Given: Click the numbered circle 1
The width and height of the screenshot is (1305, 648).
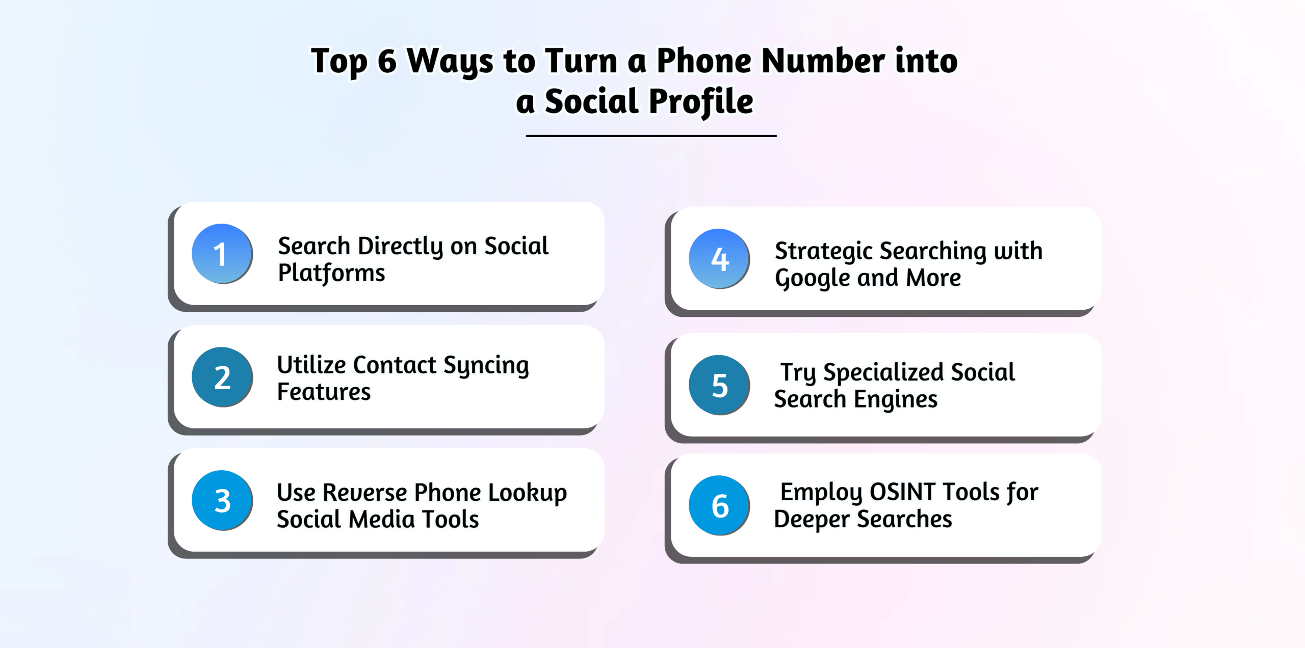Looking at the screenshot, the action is [x=222, y=253].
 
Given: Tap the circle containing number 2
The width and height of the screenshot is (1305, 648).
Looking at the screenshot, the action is [x=222, y=376].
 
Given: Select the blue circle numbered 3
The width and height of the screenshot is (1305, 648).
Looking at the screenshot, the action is [x=222, y=500].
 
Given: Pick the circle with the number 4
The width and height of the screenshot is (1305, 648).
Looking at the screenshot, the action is [x=719, y=258].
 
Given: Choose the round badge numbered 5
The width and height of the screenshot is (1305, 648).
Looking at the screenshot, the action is [x=719, y=385].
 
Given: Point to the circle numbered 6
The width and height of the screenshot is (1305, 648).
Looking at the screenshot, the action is [x=719, y=505].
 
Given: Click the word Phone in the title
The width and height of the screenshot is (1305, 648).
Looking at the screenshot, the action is [x=704, y=61].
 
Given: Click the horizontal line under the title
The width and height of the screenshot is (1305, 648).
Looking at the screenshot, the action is [x=651, y=136].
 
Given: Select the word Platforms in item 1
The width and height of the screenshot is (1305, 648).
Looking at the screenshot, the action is [x=331, y=273].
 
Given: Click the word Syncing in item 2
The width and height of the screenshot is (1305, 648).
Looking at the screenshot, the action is [x=486, y=366].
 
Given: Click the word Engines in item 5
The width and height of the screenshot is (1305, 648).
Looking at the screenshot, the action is [x=896, y=400].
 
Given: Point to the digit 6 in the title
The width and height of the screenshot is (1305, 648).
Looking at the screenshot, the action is [x=387, y=61].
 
